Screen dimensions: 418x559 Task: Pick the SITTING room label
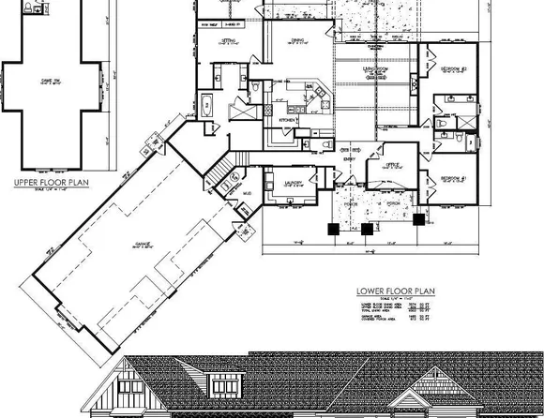pyautogui.click(x=227, y=42)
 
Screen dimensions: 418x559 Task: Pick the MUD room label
pyautogui.click(x=247, y=196)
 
